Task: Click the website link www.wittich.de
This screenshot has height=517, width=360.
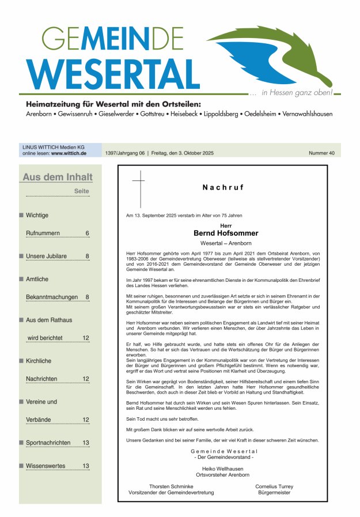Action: pyautogui.click(x=69, y=153)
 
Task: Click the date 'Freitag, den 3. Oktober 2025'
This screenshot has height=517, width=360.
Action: pyautogui.click(x=182, y=153)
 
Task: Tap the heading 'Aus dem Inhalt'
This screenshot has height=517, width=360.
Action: pyautogui.click(x=57, y=178)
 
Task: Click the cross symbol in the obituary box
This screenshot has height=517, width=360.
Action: pyautogui.click(x=139, y=184)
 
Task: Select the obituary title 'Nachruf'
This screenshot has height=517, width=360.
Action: pyautogui.click(x=223, y=187)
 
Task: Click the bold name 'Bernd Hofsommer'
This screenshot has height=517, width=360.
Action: pyautogui.click(x=226, y=233)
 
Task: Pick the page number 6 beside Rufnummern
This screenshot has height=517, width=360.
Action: pyautogui.click(x=87, y=233)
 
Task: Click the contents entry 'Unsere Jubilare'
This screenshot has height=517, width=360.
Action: pyautogui.click(x=46, y=256)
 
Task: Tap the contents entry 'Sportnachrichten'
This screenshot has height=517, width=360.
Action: pyautogui.click(x=48, y=443)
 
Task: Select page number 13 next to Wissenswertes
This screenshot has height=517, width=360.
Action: pyautogui.click(x=85, y=466)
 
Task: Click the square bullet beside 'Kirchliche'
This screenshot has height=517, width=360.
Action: pyautogui.click(x=21, y=361)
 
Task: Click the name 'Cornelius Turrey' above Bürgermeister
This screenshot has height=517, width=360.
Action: pyautogui.click(x=274, y=486)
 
